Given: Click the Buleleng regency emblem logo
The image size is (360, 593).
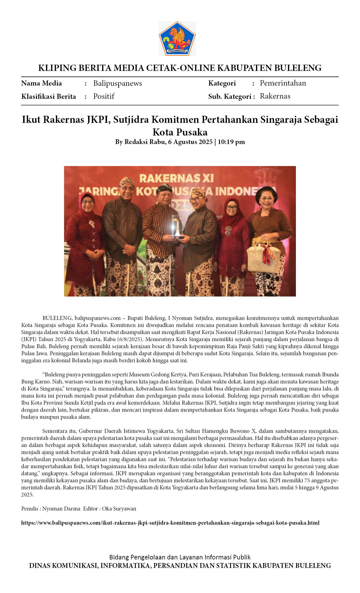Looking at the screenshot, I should point(177,38).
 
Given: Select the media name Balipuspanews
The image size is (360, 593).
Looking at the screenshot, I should point(117,83).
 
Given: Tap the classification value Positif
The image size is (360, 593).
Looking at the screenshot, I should point(104,96).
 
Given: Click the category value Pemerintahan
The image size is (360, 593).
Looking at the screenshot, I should point(283,83).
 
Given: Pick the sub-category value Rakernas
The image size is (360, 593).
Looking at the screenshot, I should point(275,96).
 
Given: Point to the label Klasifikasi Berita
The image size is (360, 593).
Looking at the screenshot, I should point(49,97).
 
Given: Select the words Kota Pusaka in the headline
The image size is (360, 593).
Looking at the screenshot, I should point(180,132).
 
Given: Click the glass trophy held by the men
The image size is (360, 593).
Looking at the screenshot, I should point(177,226).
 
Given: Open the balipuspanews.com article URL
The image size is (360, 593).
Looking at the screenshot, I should point(170,523).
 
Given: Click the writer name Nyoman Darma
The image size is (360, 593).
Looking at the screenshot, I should point(61,509).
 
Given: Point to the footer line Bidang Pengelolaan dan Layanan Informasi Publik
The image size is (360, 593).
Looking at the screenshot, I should point(180,557).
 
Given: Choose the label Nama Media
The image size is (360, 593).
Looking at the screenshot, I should point(42,83).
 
